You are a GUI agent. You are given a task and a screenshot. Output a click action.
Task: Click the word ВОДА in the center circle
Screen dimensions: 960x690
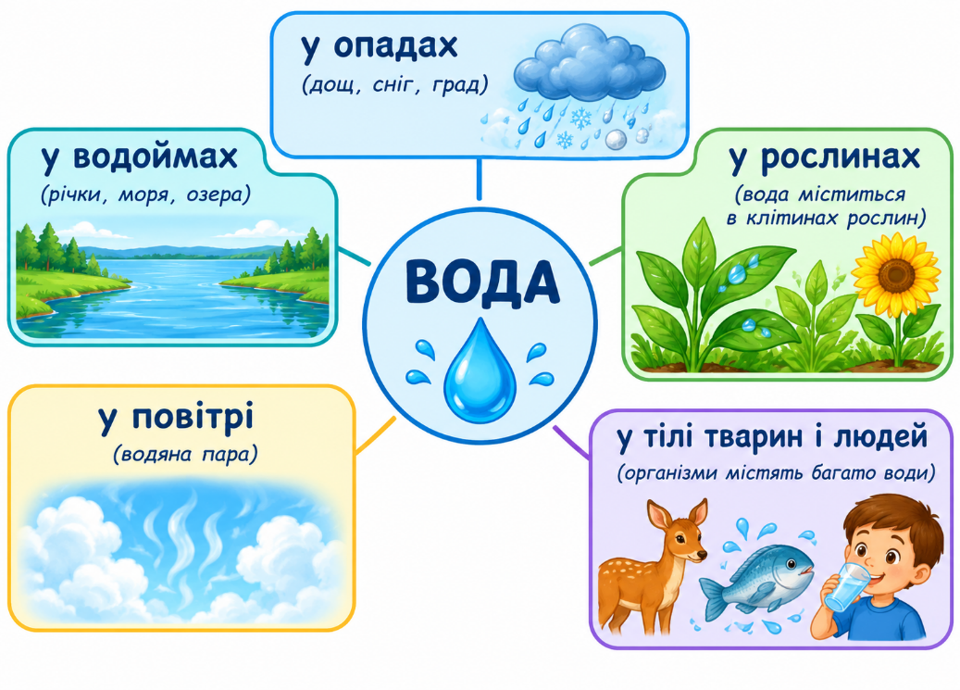point(481,282)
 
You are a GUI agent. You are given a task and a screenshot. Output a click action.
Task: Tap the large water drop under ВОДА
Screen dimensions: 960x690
point(480,370)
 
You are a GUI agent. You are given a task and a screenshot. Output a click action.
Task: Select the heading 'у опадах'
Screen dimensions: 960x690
point(379,47)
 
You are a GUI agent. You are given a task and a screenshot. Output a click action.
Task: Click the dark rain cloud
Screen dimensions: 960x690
point(589,63)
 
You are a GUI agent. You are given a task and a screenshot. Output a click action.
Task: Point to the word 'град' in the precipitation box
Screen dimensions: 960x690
point(460,84)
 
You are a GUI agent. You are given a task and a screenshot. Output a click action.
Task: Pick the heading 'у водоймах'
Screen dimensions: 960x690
point(140,157)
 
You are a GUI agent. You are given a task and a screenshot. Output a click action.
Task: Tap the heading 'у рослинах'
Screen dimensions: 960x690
point(825,158)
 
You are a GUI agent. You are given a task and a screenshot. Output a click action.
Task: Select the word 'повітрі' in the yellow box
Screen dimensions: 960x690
point(193,417)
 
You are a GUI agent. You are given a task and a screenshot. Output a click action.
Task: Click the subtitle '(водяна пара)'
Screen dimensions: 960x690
point(185,455)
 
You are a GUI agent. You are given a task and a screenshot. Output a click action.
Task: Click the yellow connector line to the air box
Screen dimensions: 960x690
point(375,435)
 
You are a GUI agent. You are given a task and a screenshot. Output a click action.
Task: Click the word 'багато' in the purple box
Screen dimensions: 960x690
point(844,473)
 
